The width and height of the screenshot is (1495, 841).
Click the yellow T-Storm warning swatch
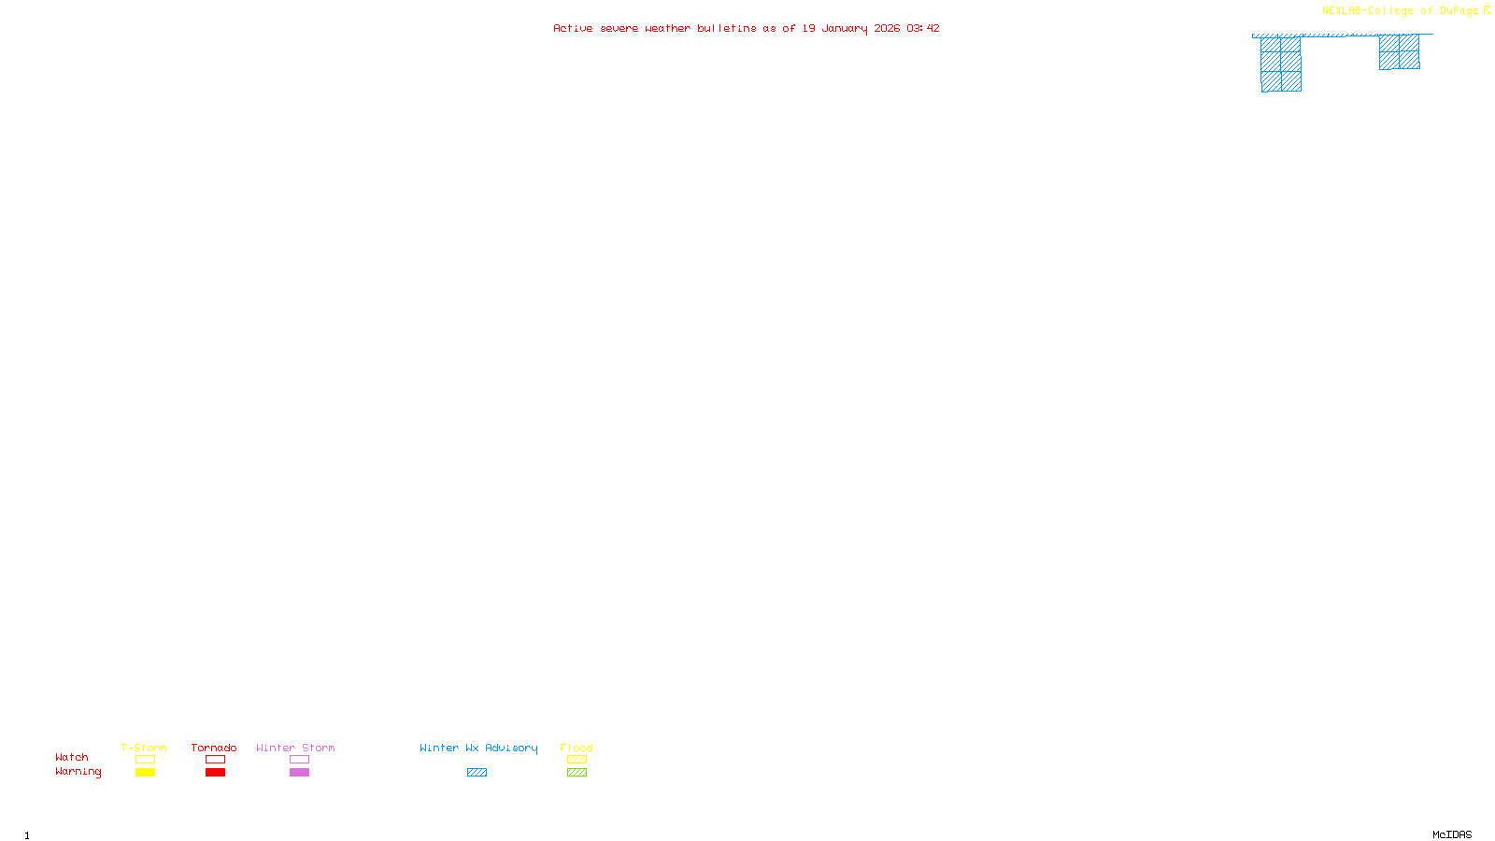pos(145,773)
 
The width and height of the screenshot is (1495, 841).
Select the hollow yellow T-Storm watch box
pos(145,760)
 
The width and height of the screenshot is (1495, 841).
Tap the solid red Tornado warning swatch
pos(215,773)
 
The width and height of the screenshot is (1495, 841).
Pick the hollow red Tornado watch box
pos(215,760)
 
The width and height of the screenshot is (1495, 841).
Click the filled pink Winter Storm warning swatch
pos(299,773)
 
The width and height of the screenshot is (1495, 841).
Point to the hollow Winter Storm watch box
pos(299,760)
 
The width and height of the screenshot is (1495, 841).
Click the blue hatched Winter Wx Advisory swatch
pos(477,773)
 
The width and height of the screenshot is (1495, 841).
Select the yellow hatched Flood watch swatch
pos(577,760)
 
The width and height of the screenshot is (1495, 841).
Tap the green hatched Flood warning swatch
pos(577,773)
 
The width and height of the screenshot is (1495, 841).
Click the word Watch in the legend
pos(72,758)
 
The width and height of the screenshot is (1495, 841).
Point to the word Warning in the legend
pos(78,772)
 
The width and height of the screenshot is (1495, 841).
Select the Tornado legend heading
pos(214,748)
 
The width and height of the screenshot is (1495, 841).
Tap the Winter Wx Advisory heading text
pos(478,748)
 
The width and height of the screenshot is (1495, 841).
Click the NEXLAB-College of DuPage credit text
pos(1400,11)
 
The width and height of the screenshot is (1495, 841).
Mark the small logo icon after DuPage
pos(1487,10)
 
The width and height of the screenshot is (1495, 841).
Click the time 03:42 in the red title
pos(923,28)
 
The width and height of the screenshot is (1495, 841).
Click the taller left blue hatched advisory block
pos(1281,64)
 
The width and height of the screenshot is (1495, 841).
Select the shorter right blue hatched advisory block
pos(1399,52)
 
